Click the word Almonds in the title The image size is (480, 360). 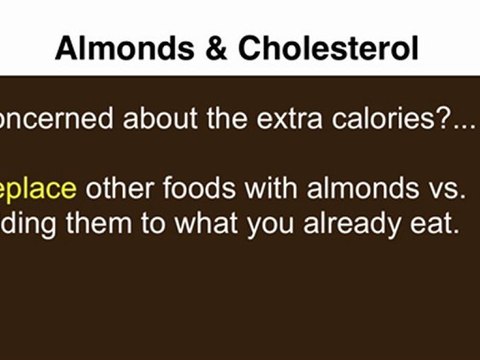[105, 47]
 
